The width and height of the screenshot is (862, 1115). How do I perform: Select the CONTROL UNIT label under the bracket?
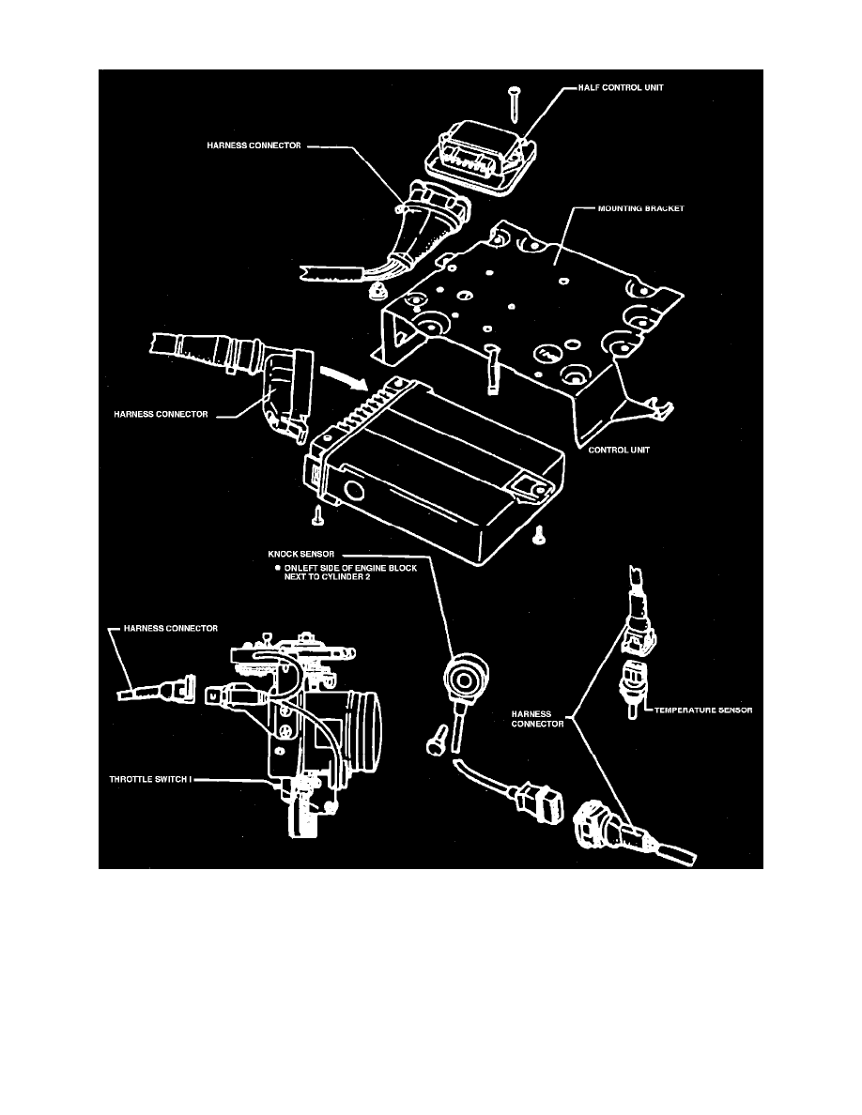(x=621, y=450)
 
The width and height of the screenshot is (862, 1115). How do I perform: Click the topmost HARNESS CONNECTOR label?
(x=254, y=145)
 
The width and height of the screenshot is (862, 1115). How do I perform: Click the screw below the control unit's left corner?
(x=319, y=512)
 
